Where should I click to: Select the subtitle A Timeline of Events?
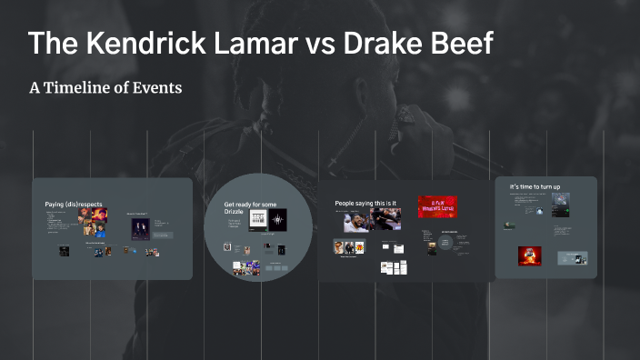pyautogui.click(x=105, y=88)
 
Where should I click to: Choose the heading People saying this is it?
pyautogui.click(x=365, y=204)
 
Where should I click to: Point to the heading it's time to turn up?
pyautogui.click(x=535, y=187)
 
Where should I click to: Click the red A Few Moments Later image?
pyautogui.click(x=436, y=206)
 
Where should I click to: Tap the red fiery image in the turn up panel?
pyautogui.click(x=530, y=255)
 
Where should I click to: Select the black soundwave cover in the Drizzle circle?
pyautogui.click(x=277, y=219)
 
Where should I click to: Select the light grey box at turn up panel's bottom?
pyautogui.click(x=572, y=257)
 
